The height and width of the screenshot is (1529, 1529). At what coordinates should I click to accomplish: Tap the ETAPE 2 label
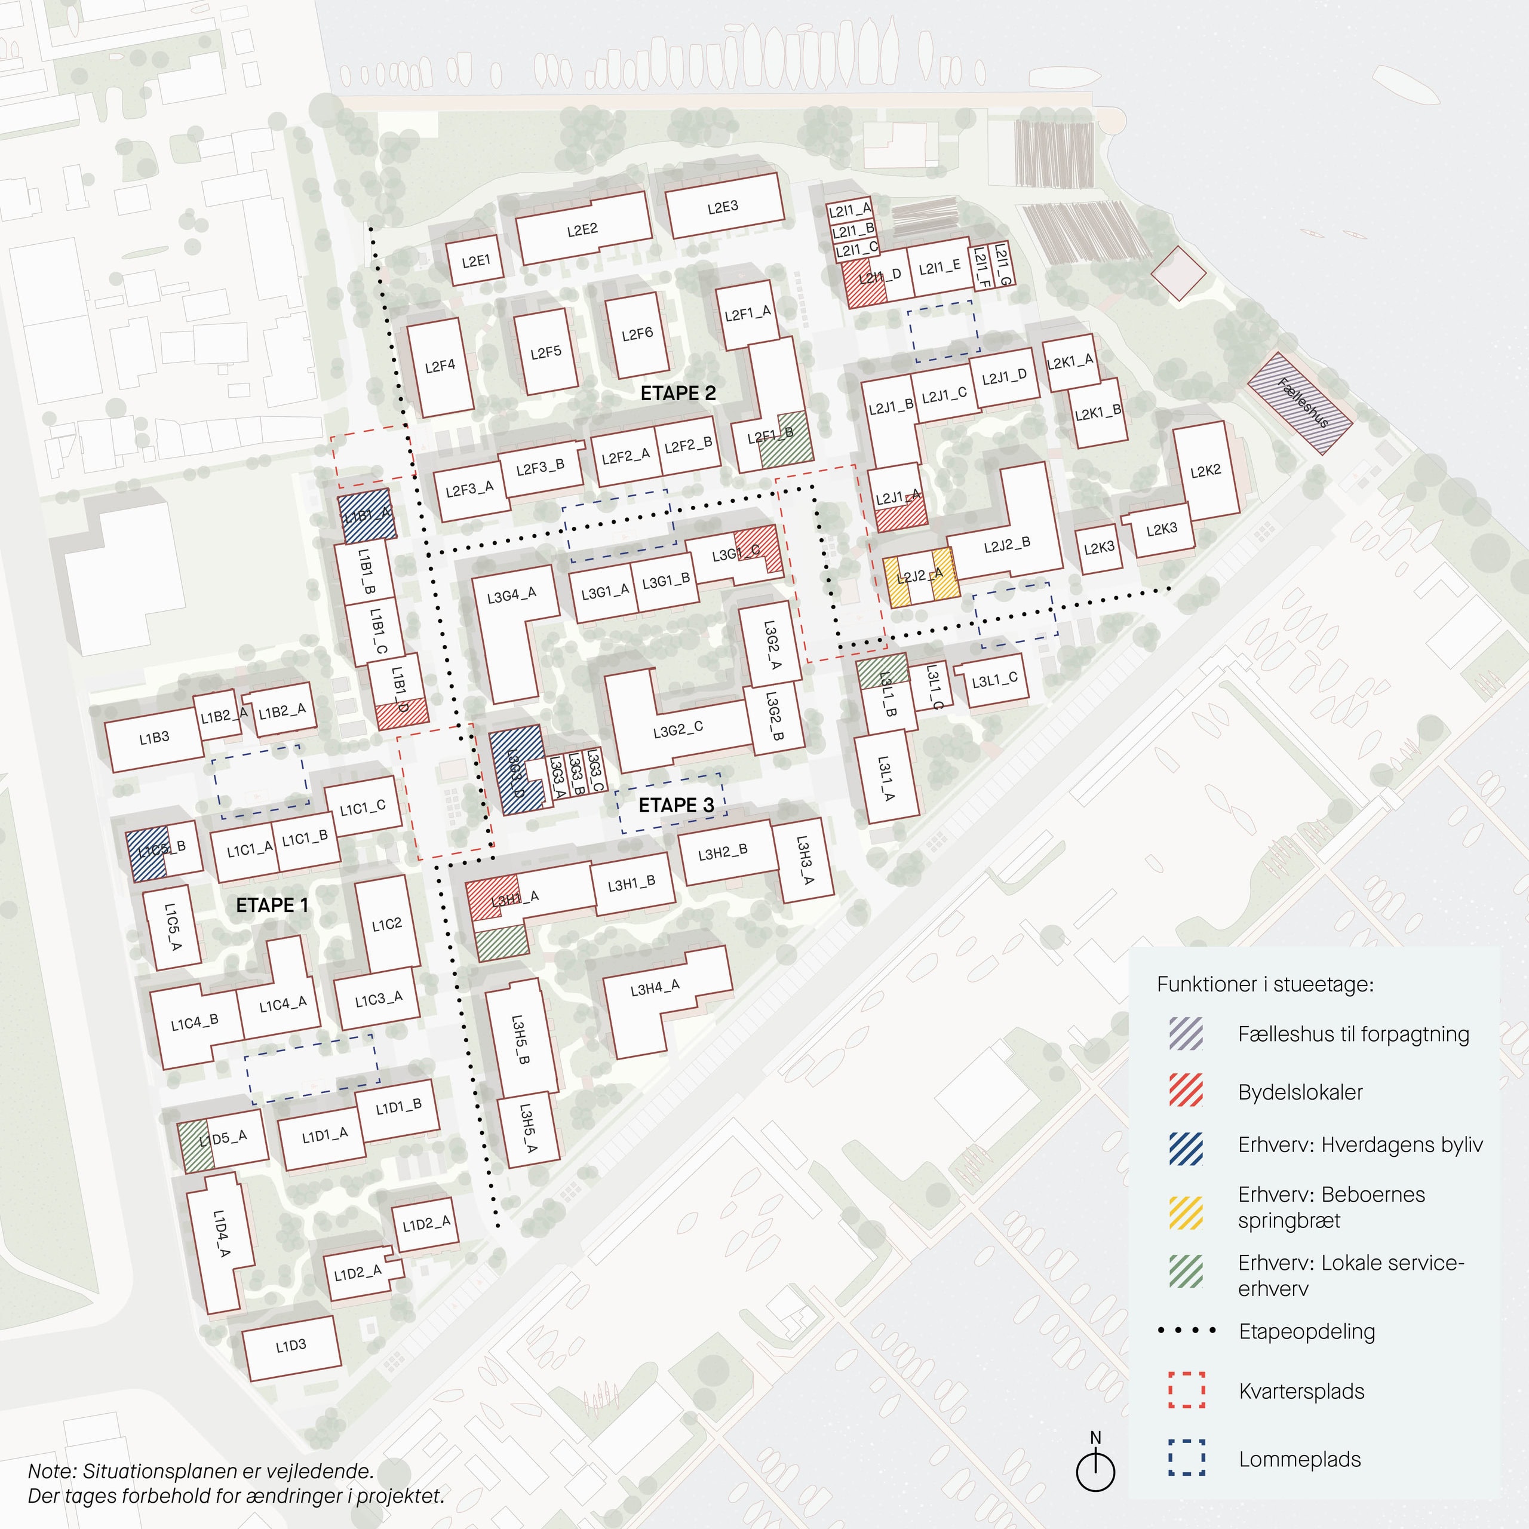(x=678, y=394)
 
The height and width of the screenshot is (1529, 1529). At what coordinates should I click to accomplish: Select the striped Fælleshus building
(x=1300, y=404)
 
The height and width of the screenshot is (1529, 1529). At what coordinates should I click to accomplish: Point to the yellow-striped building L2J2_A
(x=920, y=577)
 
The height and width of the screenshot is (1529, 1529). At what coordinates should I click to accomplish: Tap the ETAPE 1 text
(x=272, y=905)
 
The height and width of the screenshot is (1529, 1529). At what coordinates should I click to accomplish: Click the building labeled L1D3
(x=291, y=1346)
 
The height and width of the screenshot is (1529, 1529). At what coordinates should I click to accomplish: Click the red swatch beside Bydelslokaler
(x=1186, y=1091)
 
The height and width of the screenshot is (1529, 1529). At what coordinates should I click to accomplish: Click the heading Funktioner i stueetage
(x=1264, y=984)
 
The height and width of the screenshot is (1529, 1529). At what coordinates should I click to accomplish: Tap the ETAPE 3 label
(x=676, y=805)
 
